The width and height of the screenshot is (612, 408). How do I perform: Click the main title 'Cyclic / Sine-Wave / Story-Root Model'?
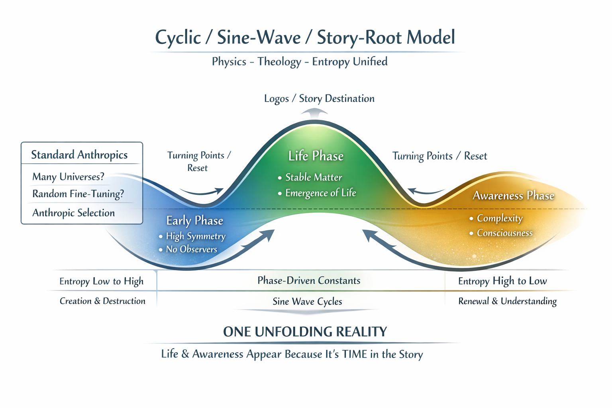click(x=305, y=38)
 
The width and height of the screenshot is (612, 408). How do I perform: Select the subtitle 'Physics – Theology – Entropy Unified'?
click(x=300, y=62)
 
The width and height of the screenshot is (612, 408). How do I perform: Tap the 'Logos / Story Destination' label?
click(x=319, y=99)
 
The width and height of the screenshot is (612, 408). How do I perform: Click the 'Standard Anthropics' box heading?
click(x=79, y=155)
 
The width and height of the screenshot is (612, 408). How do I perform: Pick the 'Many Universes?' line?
click(x=68, y=177)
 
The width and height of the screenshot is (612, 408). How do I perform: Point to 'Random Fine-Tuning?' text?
click(x=78, y=194)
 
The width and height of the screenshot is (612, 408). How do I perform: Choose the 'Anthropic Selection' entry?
click(x=73, y=213)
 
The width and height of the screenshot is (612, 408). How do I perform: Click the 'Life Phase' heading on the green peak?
click(x=316, y=156)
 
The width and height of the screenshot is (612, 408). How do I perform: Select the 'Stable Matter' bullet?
click(x=314, y=177)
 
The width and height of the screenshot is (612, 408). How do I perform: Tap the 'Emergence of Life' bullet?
click(x=320, y=193)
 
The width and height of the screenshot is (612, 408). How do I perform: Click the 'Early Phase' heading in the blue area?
click(x=194, y=221)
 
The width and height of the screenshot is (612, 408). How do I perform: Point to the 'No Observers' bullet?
click(x=191, y=249)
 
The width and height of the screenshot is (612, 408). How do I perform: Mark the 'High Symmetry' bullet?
click(x=196, y=236)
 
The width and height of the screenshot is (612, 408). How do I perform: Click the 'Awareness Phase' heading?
click(x=513, y=196)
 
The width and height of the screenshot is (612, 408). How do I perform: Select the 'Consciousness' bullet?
click(x=504, y=233)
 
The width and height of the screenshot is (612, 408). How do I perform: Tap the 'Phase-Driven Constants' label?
click(x=309, y=281)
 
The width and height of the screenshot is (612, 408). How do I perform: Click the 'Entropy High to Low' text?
click(x=502, y=281)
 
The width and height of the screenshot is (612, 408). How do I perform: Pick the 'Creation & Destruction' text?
click(x=102, y=301)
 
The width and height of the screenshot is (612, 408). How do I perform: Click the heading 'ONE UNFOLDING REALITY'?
click(x=305, y=332)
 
